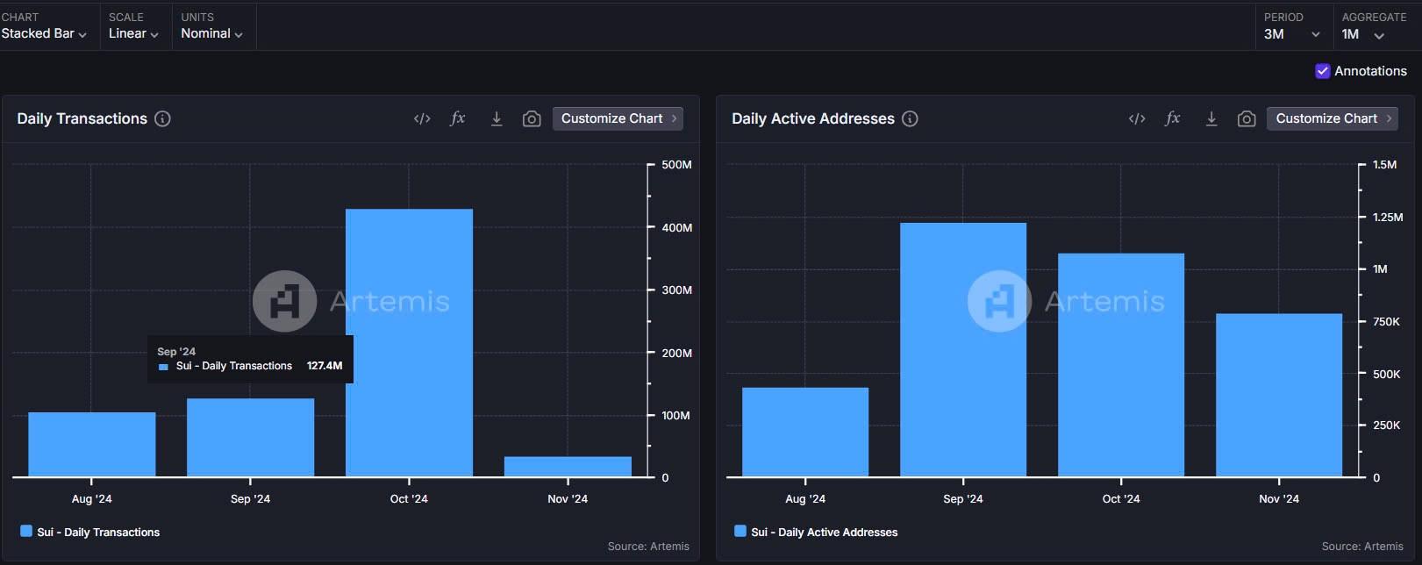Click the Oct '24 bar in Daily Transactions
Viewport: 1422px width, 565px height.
[409, 342]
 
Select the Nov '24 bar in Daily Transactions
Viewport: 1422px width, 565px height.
[568, 466]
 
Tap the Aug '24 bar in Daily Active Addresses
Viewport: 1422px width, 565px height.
[805, 432]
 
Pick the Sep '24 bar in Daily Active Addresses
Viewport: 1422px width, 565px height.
[963, 349]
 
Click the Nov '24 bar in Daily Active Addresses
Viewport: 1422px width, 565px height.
[1278, 395]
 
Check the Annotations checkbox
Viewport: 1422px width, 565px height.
[1322, 71]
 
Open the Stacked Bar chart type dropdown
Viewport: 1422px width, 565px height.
[44, 33]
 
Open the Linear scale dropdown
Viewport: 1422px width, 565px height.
[133, 33]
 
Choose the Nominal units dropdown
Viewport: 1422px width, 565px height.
[211, 33]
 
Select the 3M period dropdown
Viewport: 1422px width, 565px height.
[1292, 34]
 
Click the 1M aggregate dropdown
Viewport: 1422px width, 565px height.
[1362, 34]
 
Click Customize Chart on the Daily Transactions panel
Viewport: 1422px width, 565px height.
[618, 118]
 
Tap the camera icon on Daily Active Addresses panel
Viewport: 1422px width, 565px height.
[1247, 118]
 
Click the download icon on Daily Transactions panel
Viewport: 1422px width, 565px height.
[497, 118]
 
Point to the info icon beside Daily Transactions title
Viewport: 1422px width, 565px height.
[162, 118]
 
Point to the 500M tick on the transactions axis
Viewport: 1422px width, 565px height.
[676, 164]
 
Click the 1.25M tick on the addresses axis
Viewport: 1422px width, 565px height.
[1388, 217]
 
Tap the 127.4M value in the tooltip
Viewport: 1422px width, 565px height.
[325, 366]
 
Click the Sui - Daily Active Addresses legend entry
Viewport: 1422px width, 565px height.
[824, 532]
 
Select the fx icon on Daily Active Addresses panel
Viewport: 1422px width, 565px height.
[1172, 118]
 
